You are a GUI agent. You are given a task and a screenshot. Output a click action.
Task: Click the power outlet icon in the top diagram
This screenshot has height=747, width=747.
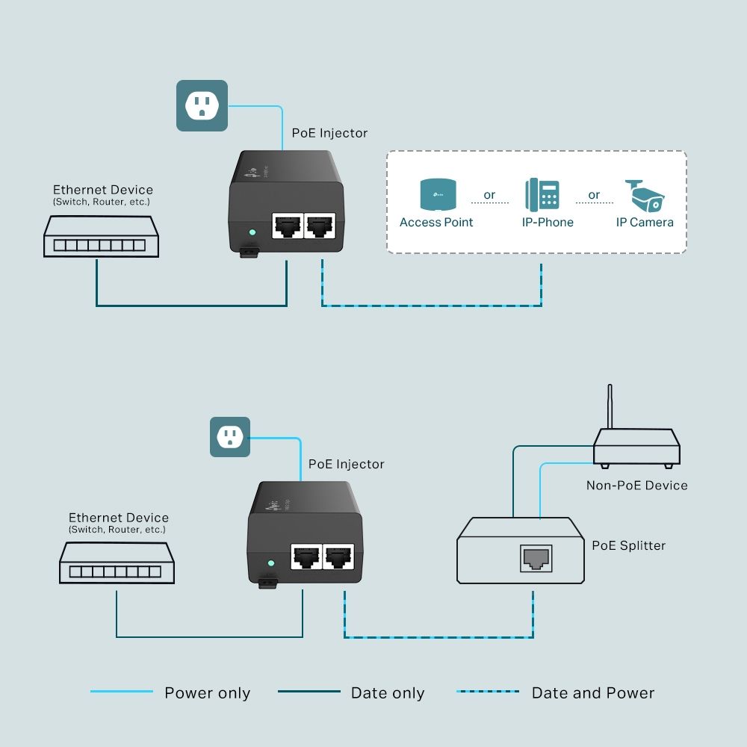tap(202, 105)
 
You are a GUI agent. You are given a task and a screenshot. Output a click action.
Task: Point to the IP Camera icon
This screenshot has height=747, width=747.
tap(644, 196)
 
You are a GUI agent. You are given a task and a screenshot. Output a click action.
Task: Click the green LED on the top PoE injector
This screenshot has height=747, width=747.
tap(252, 232)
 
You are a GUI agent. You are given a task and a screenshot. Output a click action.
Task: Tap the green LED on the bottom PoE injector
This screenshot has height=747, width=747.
tap(271, 562)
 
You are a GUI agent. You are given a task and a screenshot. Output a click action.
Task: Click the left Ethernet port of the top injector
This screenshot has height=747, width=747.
tap(288, 225)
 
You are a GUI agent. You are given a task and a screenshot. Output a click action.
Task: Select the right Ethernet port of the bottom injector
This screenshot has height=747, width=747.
tap(341, 556)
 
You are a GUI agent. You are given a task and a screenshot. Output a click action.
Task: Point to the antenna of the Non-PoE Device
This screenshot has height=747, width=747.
tap(610, 407)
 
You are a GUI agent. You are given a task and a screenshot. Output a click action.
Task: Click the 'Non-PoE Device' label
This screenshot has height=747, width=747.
tap(636, 486)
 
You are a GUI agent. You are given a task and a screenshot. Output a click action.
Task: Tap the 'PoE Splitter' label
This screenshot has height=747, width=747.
tap(628, 545)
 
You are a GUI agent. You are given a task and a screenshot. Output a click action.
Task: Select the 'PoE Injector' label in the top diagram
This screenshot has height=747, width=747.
tap(329, 133)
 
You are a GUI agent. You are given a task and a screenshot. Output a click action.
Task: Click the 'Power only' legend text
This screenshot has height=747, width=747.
tap(207, 693)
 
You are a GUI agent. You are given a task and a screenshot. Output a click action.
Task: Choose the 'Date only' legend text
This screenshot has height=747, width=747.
tap(387, 693)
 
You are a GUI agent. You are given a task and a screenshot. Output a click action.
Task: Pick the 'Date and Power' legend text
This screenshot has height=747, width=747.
tap(592, 693)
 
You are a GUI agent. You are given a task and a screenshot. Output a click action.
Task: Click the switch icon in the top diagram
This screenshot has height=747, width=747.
tap(101, 237)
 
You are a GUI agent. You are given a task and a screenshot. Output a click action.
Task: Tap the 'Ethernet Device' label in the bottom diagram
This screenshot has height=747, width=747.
tap(118, 518)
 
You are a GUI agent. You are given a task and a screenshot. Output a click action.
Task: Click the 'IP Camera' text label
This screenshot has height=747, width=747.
tap(644, 222)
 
